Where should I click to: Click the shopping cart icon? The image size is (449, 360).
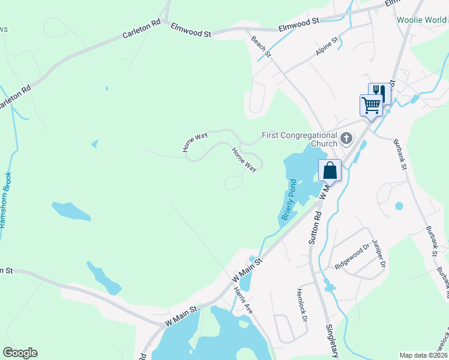coord(371,106)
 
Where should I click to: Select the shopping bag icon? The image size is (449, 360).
coord(330,170)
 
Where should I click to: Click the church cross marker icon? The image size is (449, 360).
coord(346,139)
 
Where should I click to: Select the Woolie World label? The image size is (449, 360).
coord(422,20)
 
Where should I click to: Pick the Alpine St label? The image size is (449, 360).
coord(327,47)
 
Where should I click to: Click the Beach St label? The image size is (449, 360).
coord(261,46)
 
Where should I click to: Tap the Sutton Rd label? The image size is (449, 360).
coord(315,226)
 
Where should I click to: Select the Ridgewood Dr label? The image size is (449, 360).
coord(352,256)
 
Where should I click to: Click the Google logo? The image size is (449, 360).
coord(20,353)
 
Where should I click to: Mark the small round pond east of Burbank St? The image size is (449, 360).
coord(399,206)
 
